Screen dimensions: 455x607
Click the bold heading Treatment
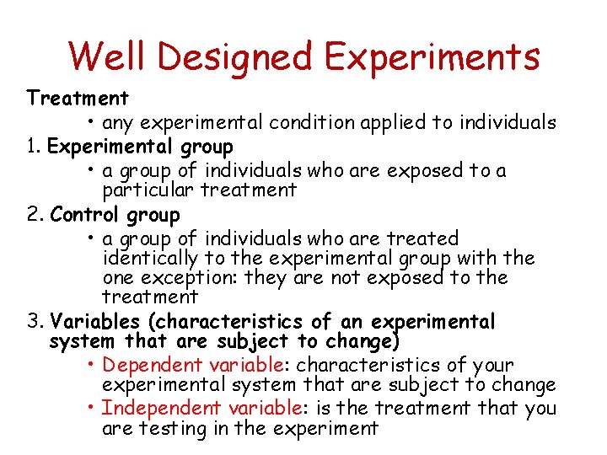(78, 99)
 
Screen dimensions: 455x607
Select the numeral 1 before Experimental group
(31, 147)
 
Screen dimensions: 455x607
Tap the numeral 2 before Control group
(33, 215)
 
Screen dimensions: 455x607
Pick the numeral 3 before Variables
(33, 322)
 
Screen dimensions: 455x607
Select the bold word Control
(86, 215)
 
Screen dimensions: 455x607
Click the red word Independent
(155, 408)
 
